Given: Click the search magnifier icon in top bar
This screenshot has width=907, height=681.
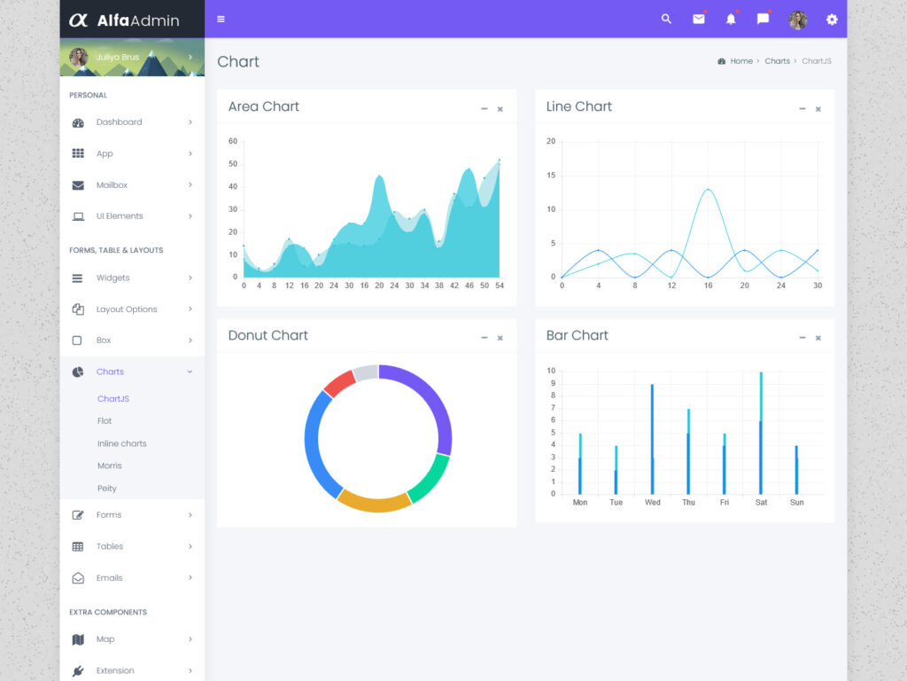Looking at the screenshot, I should click(666, 19).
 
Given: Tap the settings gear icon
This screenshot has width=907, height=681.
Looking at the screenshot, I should click(831, 19).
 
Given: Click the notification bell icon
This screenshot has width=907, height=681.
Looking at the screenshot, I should click(731, 19).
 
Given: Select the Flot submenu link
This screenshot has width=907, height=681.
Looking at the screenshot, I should click(105, 421).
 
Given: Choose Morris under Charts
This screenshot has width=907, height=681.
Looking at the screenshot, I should click(110, 466).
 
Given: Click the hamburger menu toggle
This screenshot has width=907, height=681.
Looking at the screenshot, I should click(221, 19).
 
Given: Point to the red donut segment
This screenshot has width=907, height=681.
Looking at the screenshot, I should click(339, 383).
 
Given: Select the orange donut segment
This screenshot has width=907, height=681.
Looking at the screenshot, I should click(374, 501).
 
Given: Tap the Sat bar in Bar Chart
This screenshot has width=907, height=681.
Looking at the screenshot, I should click(760, 434).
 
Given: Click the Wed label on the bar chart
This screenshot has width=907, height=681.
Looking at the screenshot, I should click(652, 503).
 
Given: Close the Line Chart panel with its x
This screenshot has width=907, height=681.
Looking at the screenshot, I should click(818, 109).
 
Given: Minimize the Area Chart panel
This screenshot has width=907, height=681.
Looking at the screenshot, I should click(484, 109).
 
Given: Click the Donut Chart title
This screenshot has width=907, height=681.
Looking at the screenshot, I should click(267, 335).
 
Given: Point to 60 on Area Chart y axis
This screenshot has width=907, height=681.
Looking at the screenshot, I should click(233, 141).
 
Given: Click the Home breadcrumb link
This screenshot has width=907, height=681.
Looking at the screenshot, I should click(740, 61).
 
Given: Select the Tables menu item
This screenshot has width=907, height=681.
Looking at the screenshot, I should click(110, 546).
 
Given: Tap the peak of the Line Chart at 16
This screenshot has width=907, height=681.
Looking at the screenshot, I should click(708, 189).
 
